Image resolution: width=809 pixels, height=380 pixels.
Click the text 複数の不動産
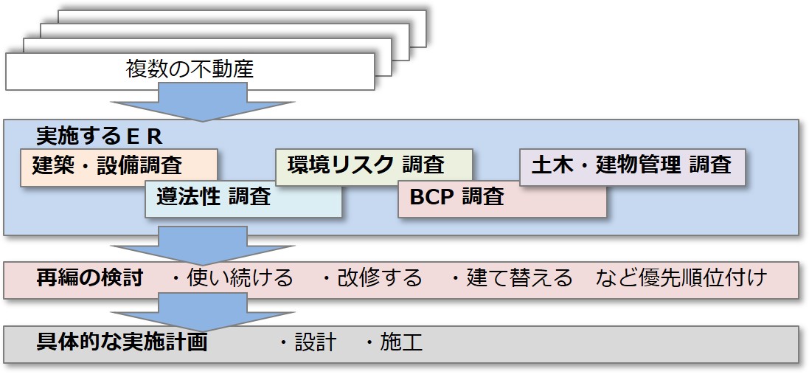click(x=190, y=69)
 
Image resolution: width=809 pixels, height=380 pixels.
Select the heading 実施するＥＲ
click(x=100, y=137)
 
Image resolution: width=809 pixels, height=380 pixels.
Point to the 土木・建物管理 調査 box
click(x=632, y=167)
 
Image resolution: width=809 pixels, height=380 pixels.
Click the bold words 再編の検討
click(x=89, y=279)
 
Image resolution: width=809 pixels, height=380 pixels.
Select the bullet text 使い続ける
click(x=239, y=279)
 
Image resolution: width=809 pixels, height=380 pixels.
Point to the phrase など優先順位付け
click(x=681, y=279)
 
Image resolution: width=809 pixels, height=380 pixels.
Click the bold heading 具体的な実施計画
click(x=122, y=342)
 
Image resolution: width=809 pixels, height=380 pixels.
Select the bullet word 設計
click(x=316, y=342)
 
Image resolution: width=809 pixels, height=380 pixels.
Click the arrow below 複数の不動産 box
click(x=203, y=103)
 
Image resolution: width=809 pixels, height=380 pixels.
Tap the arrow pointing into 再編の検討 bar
click(x=203, y=245)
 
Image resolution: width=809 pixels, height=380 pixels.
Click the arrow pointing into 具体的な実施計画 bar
click(x=203, y=312)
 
